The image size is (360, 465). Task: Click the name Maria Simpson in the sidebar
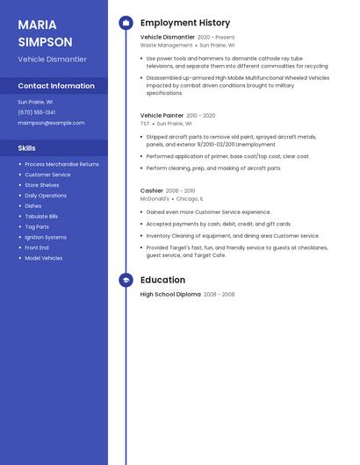click(45, 33)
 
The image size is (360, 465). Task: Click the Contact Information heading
click(56, 86)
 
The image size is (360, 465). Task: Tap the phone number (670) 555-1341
click(37, 112)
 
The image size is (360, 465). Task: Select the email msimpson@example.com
click(51, 123)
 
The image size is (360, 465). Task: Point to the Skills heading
click(27, 148)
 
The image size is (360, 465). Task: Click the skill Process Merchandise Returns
click(61, 164)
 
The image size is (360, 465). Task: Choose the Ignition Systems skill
click(46, 237)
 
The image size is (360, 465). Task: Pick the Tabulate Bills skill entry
click(41, 216)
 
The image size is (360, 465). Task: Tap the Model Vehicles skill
click(44, 258)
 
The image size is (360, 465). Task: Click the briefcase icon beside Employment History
click(126, 23)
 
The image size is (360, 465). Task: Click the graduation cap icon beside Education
click(126, 280)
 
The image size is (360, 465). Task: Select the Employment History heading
click(185, 23)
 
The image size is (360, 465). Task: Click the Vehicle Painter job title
click(162, 115)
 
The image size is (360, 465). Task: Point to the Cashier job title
click(152, 190)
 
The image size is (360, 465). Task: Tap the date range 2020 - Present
click(216, 38)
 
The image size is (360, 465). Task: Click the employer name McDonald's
click(155, 198)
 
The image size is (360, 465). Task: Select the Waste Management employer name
click(166, 45)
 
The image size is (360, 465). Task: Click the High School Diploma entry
click(170, 295)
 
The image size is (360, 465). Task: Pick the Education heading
click(162, 280)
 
